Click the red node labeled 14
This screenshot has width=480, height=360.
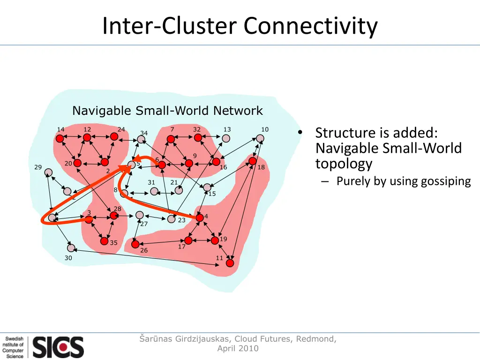click(x=60, y=139)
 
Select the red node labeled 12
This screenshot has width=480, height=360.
click(x=87, y=138)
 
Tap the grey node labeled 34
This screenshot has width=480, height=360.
click(x=141, y=140)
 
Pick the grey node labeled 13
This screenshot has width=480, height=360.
click(x=226, y=138)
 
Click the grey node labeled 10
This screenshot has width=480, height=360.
click(x=260, y=138)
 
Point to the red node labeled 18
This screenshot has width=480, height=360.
click(x=253, y=161)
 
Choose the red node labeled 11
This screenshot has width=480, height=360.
click(x=230, y=263)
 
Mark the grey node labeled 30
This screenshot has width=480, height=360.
click(x=71, y=248)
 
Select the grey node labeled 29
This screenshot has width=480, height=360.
click(x=48, y=172)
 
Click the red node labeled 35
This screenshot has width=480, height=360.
click(x=104, y=241)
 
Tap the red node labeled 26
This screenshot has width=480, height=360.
click(x=135, y=244)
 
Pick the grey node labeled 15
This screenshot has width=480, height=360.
click(x=207, y=187)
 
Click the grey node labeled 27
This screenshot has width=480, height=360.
click(x=139, y=215)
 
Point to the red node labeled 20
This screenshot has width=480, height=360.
click(x=77, y=163)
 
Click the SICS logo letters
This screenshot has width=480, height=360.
click(x=58, y=347)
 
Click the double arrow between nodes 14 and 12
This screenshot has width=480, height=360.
click(x=73, y=138)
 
